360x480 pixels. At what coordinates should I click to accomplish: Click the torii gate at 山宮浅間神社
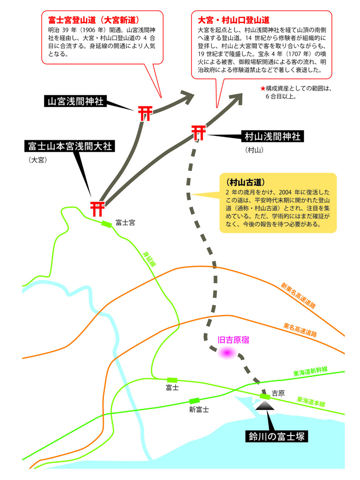(145, 113)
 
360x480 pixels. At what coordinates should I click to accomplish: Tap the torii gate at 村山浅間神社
(199, 132)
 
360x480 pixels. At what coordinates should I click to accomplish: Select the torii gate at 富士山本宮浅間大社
(98, 209)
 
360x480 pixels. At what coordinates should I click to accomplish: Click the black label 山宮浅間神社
(76, 101)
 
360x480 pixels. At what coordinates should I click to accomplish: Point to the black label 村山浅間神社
(272, 136)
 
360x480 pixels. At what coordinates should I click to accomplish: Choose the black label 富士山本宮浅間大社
(70, 146)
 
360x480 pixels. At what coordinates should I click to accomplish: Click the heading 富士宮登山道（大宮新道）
(93, 20)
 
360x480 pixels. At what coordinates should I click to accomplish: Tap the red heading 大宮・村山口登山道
(234, 20)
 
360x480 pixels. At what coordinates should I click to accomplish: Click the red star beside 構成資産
(262, 89)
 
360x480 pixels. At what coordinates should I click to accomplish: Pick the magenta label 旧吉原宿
(233, 340)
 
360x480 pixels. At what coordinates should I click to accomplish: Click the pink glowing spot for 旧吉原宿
(227, 353)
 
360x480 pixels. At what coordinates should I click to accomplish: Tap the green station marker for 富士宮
(107, 224)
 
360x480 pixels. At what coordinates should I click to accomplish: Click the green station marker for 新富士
(194, 401)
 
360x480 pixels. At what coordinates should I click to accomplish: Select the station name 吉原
(278, 393)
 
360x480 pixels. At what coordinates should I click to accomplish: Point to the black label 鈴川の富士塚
(277, 436)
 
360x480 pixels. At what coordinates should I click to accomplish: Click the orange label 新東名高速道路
(298, 295)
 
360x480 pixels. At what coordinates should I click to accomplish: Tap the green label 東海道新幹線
(310, 371)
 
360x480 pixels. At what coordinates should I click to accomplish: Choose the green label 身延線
(150, 259)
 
